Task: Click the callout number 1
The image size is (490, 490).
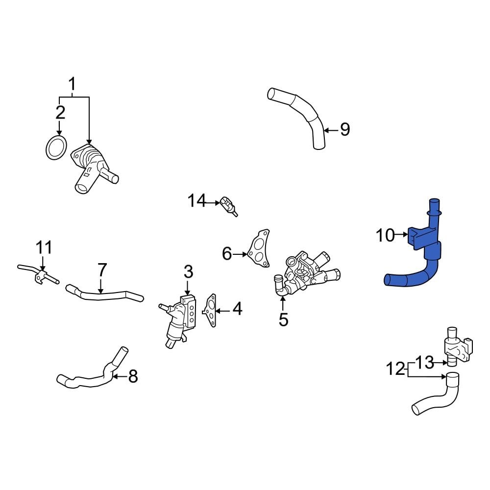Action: (72, 84)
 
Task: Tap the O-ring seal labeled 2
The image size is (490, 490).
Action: (56, 147)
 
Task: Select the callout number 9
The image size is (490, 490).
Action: (345, 130)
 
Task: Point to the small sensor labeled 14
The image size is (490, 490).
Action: (228, 205)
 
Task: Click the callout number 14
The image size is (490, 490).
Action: (197, 200)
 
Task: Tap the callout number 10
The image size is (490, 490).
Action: (385, 236)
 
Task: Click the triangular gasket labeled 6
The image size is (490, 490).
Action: (259, 250)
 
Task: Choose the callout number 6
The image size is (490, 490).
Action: (226, 254)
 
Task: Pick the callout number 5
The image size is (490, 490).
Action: (283, 320)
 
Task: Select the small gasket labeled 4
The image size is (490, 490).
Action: (211, 311)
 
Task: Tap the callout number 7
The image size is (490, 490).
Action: (101, 270)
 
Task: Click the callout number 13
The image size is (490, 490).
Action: (425, 363)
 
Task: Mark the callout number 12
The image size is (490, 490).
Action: (396, 368)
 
